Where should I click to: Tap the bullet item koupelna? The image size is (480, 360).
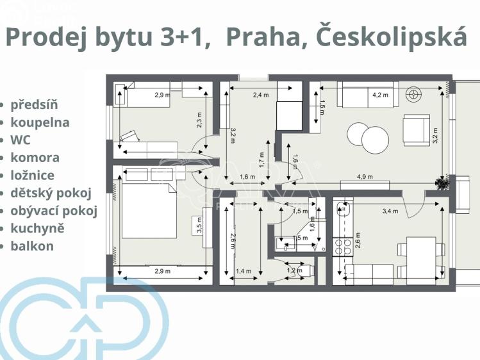pyautogui.click(x=40, y=122)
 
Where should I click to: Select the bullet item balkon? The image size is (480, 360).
pyautogui.click(x=32, y=246)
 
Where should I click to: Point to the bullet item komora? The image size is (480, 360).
pyautogui.click(x=35, y=158)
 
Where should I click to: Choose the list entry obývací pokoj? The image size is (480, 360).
pyautogui.click(x=54, y=211)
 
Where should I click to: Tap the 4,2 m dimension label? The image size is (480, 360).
pyautogui.click(x=380, y=95)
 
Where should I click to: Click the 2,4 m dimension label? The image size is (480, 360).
pyautogui.click(x=261, y=95)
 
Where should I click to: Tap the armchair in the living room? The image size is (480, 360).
pyautogui.click(x=415, y=129)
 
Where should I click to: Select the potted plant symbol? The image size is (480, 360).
pyautogui.click(x=441, y=184)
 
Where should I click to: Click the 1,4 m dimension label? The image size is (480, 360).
pyautogui.click(x=244, y=272)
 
